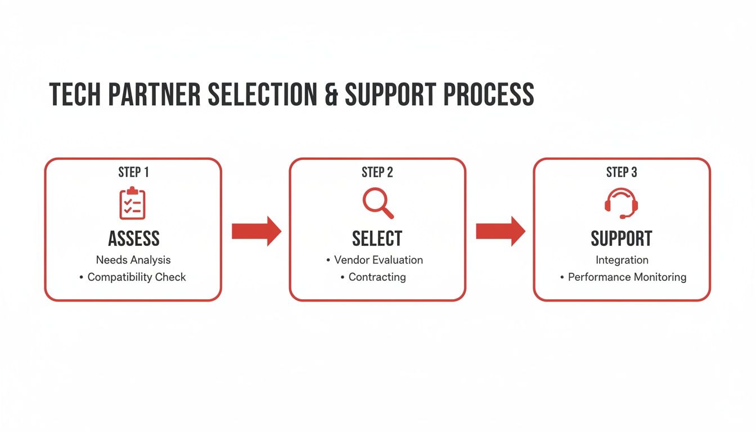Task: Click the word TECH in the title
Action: click(x=75, y=94)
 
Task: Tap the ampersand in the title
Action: click(x=331, y=94)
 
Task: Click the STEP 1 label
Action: click(x=133, y=173)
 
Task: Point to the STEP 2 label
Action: click(x=377, y=173)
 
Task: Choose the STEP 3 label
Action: click(x=622, y=173)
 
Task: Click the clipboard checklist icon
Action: click(x=133, y=203)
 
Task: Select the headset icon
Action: click(x=621, y=203)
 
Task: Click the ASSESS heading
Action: click(x=133, y=238)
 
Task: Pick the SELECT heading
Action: click(x=377, y=238)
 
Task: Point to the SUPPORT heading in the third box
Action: click(x=622, y=238)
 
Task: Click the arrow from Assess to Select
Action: click(x=256, y=231)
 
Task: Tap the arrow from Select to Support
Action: click(x=500, y=231)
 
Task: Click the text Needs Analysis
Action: click(x=133, y=260)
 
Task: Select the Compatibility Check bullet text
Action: click(x=137, y=277)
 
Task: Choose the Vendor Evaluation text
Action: click(x=378, y=260)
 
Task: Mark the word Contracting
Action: click(x=377, y=277)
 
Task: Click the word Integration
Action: click(x=622, y=260)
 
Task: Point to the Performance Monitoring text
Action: click(x=627, y=277)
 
